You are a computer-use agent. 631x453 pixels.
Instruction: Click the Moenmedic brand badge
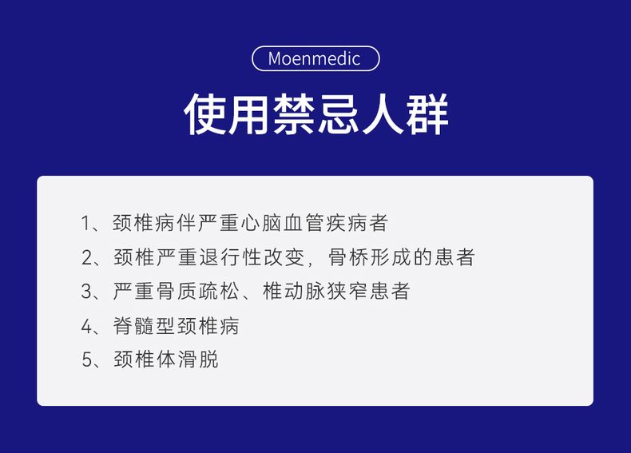[x=315, y=58]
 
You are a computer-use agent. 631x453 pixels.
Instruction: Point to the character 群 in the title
[x=427, y=114]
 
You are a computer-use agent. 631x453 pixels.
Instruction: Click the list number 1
[x=86, y=223]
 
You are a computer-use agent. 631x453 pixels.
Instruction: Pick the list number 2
[x=87, y=257]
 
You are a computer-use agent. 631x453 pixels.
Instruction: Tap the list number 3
[x=87, y=291]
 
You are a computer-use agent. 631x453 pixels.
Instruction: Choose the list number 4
[x=87, y=326]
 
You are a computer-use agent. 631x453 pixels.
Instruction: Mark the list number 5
[x=87, y=360]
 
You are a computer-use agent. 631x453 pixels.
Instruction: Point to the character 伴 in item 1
[x=187, y=223]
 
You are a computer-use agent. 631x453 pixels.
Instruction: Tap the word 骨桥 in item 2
[x=348, y=257]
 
